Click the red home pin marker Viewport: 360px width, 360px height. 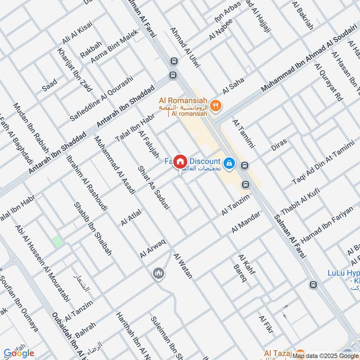point(180,161)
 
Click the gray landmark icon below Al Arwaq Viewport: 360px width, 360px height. point(157,273)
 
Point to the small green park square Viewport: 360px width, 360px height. point(57,241)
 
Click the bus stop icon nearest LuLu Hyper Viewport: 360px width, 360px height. point(313,284)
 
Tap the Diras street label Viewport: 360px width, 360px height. point(279,144)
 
